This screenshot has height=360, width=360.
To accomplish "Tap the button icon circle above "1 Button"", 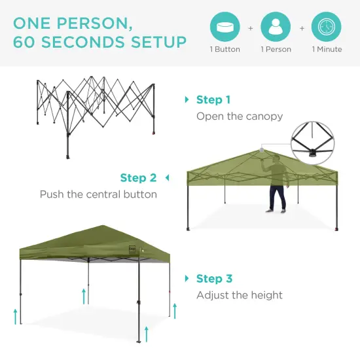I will coord(225,27).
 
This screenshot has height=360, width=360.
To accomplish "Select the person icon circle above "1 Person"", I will coord(276,27).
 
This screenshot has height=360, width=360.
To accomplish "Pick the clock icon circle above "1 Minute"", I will coord(327,27).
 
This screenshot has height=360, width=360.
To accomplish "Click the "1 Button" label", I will coord(225,50).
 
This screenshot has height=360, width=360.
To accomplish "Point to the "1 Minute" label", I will coord(327,50).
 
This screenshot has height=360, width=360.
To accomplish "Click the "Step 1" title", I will coord(213,100).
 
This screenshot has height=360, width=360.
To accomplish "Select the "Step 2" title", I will coord(138,178).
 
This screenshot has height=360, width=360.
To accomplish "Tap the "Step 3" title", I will coord(214,279).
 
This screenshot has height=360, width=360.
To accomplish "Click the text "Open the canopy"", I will coord(240,117).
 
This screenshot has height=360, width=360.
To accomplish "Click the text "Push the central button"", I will coord(98,194).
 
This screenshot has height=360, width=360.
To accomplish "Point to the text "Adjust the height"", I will coord(240,295).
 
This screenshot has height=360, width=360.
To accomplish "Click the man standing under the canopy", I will coord(278,187).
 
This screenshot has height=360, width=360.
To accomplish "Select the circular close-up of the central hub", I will coord(317,139).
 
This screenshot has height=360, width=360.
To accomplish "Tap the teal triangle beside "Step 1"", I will coord(188,100).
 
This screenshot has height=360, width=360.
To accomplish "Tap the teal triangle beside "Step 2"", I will coord(166,178).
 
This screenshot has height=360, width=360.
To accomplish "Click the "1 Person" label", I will coord(276,50).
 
